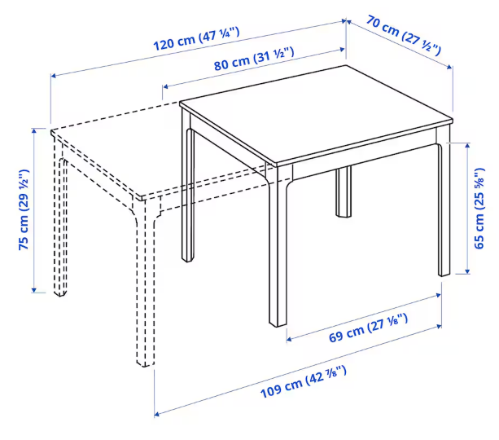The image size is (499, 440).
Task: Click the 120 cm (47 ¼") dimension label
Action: coord(196,39)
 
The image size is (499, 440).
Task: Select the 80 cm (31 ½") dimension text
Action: coord(254,59)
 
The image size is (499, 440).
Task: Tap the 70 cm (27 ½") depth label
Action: coord(404,35)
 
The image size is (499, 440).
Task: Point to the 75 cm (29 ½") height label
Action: coord(24,209)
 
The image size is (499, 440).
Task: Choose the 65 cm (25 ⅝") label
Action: coord(479,208)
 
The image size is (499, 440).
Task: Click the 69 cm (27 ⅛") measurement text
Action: coord(368,328)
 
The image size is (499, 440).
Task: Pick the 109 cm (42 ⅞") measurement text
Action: coord(304,382)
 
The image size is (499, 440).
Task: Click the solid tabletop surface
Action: coord(317,116)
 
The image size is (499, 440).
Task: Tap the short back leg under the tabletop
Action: coord(344,191)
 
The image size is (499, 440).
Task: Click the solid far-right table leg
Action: coord(444,200)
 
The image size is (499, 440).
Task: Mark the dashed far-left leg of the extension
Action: coord(60,217)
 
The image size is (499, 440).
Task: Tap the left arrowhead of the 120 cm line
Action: coord(54,76)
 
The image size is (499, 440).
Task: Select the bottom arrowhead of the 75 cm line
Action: coord(34,290)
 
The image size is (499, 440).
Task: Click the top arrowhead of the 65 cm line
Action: coord(467,146)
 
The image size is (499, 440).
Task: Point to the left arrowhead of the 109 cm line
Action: coord(157,414)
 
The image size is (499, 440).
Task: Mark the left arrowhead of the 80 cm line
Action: coord(165,86)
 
